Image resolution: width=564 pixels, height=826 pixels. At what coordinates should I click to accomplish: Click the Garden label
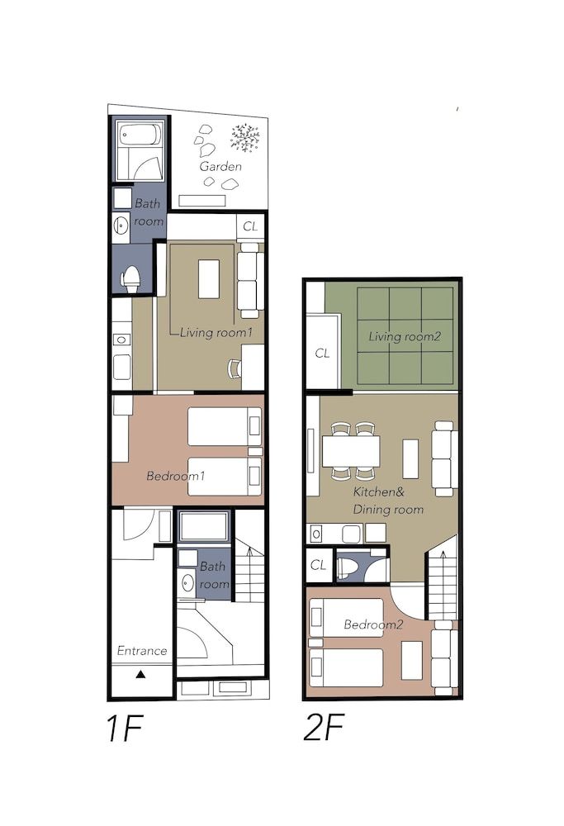click(220, 167)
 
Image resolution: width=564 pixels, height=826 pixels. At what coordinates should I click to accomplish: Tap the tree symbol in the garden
click(245, 138)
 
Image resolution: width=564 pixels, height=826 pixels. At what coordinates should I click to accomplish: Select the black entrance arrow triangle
click(140, 675)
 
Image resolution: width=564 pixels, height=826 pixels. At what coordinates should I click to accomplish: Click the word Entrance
click(141, 651)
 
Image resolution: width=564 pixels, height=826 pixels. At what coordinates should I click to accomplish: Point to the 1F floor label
click(126, 729)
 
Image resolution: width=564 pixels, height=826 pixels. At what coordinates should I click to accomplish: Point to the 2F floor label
click(324, 729)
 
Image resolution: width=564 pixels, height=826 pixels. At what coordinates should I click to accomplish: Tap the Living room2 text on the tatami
click(405, 336)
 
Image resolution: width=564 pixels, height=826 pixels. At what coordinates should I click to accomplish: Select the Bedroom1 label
click(175, 477)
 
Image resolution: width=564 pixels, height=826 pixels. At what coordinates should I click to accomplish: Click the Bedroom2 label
click(373, 624)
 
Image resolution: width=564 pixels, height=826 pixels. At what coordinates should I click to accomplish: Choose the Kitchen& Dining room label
click(388, 501)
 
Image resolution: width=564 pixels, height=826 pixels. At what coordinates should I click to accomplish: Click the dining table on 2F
click(351, 452)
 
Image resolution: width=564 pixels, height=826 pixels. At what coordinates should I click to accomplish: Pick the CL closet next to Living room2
click(322, 353)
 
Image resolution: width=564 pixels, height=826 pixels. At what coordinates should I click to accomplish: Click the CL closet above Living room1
click(250, 225)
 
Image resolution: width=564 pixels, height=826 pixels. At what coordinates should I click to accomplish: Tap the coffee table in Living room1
click(209, 278)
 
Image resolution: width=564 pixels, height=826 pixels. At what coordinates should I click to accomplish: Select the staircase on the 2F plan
click(443, 578)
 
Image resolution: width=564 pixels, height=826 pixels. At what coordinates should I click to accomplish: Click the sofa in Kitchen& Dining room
click(443, 458)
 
